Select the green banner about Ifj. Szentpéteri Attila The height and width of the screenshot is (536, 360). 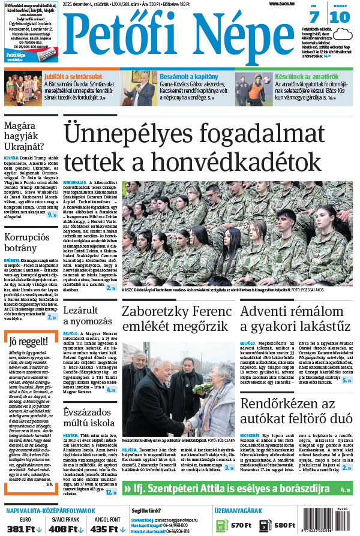[237, 489]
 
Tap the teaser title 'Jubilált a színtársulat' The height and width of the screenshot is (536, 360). [73, 77]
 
